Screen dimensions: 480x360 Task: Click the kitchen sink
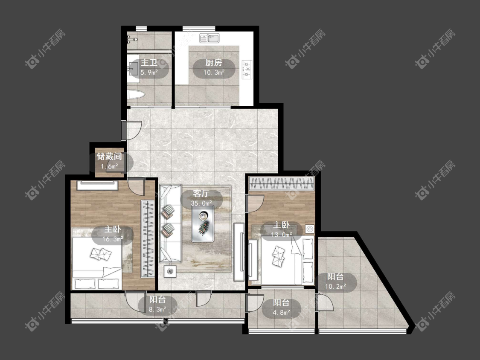point(209,38)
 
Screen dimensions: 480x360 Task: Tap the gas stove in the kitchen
point(247,69)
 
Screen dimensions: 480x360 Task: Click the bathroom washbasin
point(134,69)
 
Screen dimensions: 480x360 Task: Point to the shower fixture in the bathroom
point(132,39)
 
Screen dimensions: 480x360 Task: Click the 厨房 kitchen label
point(214,63)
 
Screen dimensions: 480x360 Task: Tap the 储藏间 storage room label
point(109,157)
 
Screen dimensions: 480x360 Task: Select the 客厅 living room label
point(201,194)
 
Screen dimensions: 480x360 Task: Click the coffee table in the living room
point(203,224)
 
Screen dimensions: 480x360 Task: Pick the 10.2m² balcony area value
point(335,287)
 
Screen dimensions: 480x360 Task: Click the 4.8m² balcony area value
point(281,313)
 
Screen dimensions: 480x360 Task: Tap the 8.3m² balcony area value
point(157,309)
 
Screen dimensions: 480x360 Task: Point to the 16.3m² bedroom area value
point(113,239)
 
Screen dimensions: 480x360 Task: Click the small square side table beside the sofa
point(170,271)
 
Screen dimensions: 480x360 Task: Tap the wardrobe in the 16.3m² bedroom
point(148,239)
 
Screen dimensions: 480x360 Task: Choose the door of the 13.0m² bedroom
point(255,202)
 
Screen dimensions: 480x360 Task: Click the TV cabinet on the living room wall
point(239,252)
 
